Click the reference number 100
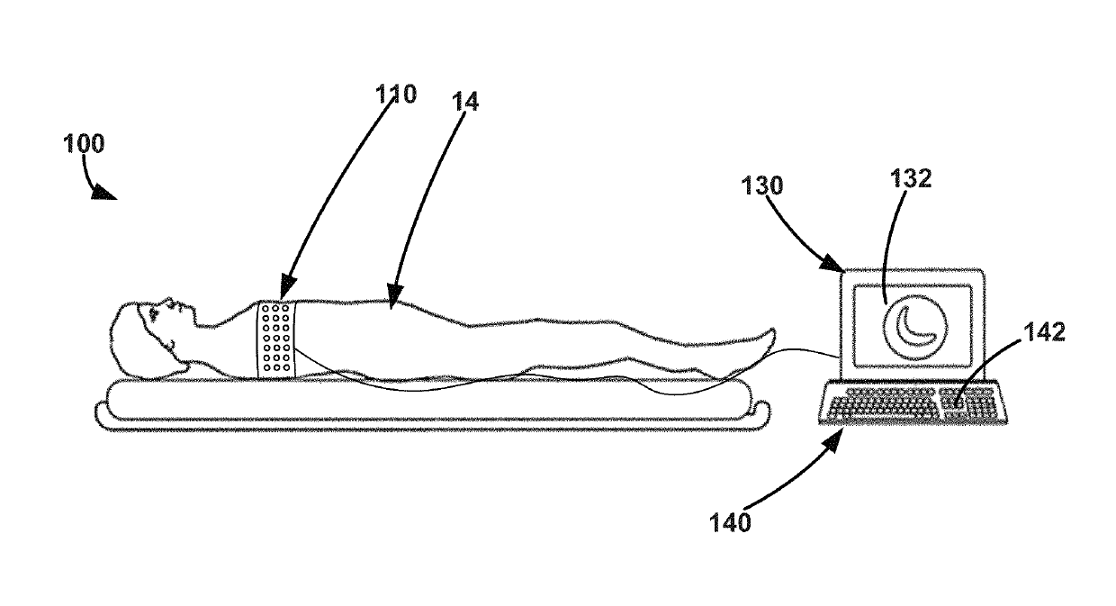(84, 144)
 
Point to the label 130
(764, 186)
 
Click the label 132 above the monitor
(912, 179)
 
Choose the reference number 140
(731, 521)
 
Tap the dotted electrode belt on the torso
(276, 340)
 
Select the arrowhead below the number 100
(105, 192)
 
